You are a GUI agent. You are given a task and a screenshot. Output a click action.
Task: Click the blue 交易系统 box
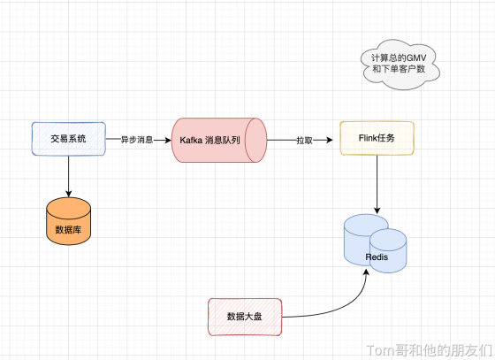(x=69, y=139)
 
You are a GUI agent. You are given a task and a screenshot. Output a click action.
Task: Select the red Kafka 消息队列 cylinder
(x=219, y=141)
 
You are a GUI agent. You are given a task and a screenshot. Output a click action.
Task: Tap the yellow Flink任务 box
(x=377, y=138)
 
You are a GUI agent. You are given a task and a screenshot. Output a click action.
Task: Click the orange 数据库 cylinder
(x=69, y=221)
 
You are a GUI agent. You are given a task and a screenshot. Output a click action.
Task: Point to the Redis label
(x=377, y=257)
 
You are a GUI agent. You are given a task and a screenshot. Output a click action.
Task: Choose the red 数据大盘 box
(x=245, y=317)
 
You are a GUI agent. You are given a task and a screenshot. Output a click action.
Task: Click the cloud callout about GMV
(x=400, y=65)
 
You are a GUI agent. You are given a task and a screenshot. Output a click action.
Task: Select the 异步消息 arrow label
(x=137, y=140)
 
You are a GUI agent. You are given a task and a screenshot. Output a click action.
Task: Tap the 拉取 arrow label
(x=304, y=141)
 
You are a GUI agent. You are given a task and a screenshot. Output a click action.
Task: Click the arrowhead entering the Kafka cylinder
(x=167, y=140)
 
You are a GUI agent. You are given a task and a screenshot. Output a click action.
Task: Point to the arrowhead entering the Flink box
(x=329, y=140)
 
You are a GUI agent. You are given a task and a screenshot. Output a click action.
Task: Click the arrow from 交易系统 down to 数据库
(x=69, y=176)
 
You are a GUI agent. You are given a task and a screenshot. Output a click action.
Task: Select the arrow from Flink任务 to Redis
(x=377, y=184)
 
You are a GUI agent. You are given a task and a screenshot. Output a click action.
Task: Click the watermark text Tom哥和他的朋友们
(x=430, y=350)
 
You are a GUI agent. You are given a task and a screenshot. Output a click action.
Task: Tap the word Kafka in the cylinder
(x=191, y=141)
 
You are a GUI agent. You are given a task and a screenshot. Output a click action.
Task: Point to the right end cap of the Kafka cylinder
(x=256, y=141)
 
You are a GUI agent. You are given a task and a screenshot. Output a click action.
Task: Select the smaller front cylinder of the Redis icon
(x=388, y=250)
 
